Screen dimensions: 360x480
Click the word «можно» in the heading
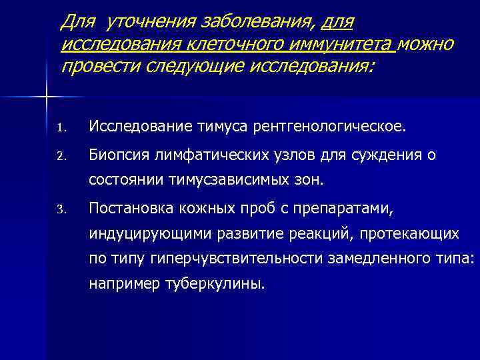tap(429, 45)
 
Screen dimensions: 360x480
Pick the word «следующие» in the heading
tap(188, 67)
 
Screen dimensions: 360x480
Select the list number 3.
tap(60, 211)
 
